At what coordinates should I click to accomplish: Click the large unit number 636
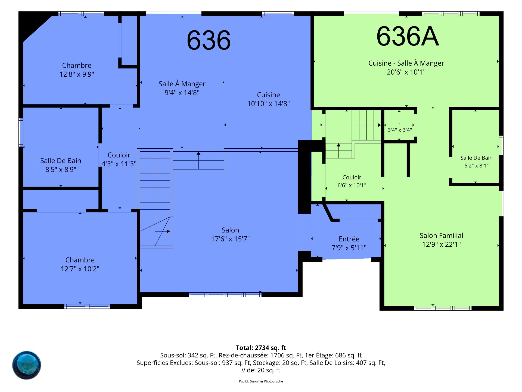pos(209,40)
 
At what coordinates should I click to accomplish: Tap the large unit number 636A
pos(408,36)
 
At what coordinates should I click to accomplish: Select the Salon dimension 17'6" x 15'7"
pos(230,239)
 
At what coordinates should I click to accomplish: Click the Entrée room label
pos(349,239)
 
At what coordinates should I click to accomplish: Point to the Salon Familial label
pos(441,235)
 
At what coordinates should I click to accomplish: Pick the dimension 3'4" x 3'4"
pos(400,130)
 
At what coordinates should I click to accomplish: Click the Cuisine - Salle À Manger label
pos(406,63)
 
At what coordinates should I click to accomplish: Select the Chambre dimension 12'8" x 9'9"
pos(77,74)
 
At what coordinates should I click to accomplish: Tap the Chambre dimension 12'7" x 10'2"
pos(80,269)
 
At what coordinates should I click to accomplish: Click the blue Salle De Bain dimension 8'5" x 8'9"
pos(61,170)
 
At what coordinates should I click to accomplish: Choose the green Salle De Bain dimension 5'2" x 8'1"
pos(476,166)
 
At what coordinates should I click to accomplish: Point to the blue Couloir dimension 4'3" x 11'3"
pos(119,164)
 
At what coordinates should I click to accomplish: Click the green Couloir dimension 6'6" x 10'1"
pos(352,185)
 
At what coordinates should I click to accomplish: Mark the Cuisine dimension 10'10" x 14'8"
pos(268,104)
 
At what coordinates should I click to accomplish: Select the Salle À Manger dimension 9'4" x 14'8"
pos(182,93)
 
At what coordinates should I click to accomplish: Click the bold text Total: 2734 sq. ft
pos(261,348)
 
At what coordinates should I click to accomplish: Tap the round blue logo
pos(27,365)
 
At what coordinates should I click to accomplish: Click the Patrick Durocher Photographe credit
pos(261,381)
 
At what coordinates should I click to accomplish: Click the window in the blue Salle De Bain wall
pos(21,133)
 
